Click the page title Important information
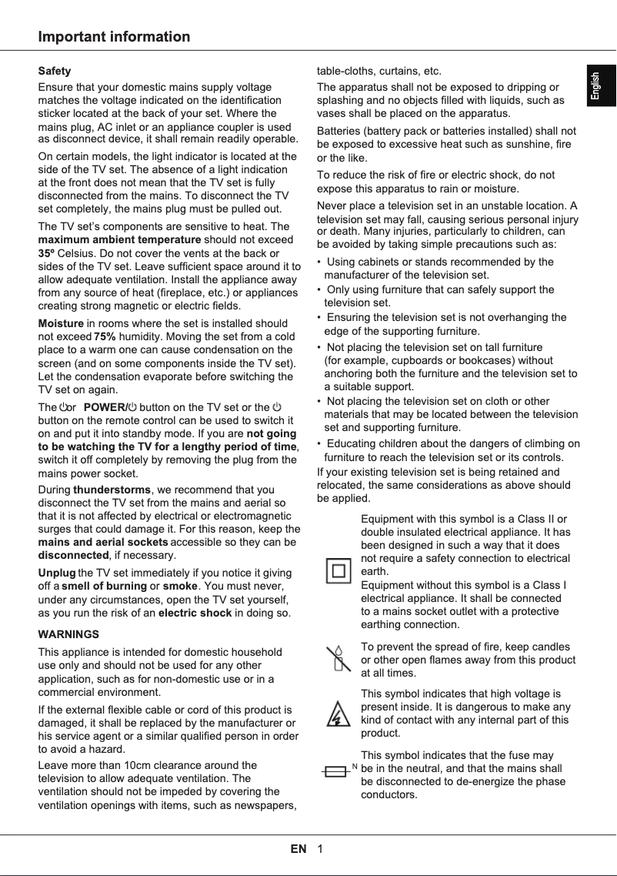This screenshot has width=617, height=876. coord(114,37)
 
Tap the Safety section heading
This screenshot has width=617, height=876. coord(55,71)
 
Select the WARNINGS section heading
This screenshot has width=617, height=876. coord(68,634)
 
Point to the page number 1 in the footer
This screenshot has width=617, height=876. coord(319,849)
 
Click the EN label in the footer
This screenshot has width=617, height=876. coord(298,849)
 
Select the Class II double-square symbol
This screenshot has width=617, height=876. coord(339,570)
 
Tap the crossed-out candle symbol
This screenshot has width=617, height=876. coord(336,660)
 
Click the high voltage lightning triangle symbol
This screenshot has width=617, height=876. coord(336,714)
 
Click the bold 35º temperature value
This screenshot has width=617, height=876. coord(46,252)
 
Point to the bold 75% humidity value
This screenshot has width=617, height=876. coord(105,336)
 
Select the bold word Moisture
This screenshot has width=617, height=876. coord(60,323)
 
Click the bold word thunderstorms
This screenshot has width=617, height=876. coord(112,490)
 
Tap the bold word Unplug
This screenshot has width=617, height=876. coord(57,573)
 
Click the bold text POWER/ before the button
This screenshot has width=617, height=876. coord(103,407)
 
